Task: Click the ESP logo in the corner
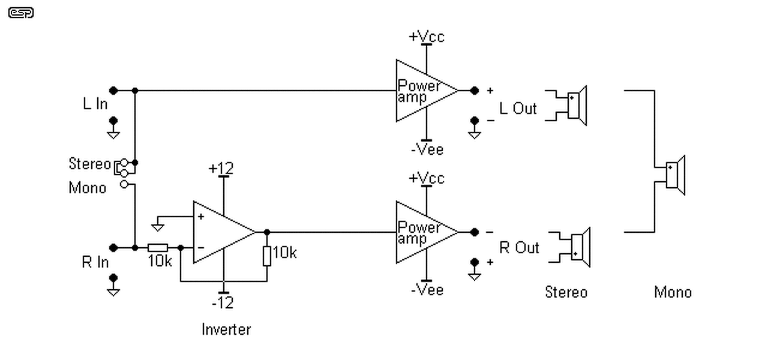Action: [x=21, y=13]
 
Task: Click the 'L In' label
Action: [x=95, y=104]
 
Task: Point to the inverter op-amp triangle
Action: [x=220, y=232]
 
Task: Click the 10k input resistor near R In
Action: [x=158, y=247]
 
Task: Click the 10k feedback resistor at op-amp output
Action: [x=267, y=256]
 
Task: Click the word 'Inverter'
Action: [x=226, y=329]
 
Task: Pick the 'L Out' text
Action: [x=518, y=109]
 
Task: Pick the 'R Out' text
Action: [x=519, y=248]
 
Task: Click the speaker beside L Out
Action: [x=577, y=105]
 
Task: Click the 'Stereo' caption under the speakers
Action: [x=566, y=292]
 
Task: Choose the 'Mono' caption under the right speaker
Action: [x=673, y=292]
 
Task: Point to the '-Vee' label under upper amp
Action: [x=427, y=149]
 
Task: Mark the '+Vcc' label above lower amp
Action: [x=427, y=178]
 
